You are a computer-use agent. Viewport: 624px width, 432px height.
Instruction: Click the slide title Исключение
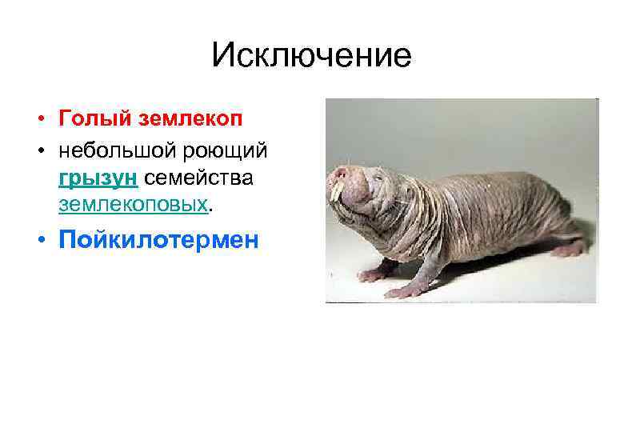[x=311, y=55]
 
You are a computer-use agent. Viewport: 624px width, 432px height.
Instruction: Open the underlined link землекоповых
[x=133, y=205]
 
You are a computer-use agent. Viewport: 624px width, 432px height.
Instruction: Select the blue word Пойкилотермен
[x=158, y=241]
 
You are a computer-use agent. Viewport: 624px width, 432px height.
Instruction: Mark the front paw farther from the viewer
[x=370, y=274]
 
